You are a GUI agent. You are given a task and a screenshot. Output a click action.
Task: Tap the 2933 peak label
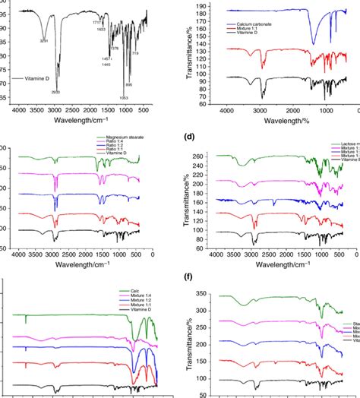point(56,92)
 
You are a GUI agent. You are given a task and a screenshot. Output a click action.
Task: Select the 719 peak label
point(135,53)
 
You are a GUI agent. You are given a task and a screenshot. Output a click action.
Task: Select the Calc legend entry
point(124,291)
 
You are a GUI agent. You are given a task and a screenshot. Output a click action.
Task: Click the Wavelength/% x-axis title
point(280,120)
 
